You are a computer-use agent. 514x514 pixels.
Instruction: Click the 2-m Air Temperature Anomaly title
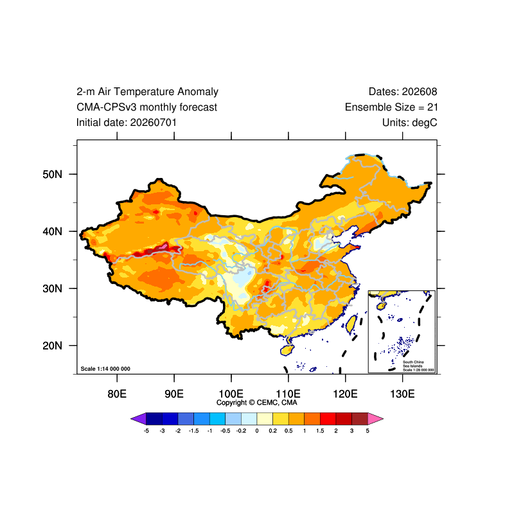coord(147,91)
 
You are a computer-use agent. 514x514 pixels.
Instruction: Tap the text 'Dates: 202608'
coord(403,91)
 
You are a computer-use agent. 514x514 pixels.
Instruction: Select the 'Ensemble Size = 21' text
coord(391,107)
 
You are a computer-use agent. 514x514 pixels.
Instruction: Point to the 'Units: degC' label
coord(410,123)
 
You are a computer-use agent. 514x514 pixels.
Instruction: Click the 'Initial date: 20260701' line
coord(127,123)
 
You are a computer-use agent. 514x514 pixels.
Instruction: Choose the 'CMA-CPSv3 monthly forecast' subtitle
coord(147,107)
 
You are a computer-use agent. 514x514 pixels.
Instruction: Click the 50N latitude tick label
coord(52,174)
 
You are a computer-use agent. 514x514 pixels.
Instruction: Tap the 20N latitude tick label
coord(52,346)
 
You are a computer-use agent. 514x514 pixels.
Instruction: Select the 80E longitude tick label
coord(117,394)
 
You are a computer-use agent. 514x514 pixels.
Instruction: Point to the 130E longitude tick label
coord(403,394)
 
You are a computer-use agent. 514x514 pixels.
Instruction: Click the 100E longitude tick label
coord(231,394)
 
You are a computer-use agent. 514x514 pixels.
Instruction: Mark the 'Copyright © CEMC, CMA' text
coord(256,403)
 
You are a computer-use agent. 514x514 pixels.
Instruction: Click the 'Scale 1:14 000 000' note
coord(105,369)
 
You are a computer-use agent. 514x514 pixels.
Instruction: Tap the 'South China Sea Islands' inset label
coord(413,364)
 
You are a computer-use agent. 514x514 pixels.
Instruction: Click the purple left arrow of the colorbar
coord(138,419)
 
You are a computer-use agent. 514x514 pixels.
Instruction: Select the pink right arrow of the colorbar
coord(376,419)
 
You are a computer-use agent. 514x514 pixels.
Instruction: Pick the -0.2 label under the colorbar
coord(241,430)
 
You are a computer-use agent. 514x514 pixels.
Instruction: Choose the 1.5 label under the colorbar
coord(320,430)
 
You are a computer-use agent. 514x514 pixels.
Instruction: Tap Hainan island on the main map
coord(287,350)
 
